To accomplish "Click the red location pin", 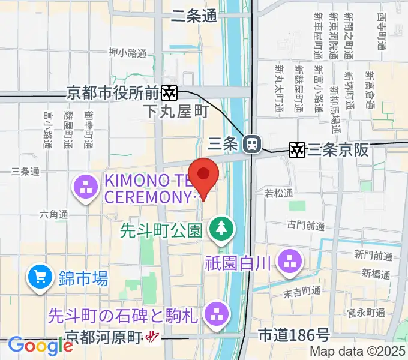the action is (x=204, y=175).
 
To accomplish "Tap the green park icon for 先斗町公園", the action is (x=221, y=229).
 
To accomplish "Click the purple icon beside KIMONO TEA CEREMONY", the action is (x=86, y=188).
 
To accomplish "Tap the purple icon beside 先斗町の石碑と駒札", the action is (x=215, y=313).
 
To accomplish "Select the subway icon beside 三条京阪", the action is (x=296, y=149).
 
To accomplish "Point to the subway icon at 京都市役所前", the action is (x=169, y=92).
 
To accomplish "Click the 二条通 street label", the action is (x=194, y=17).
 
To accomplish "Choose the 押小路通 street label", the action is (x=127, y=53).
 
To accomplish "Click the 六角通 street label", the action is (x=53, y=214).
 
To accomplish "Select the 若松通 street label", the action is (x=279, y=193).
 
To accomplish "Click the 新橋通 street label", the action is (x=377, y=274).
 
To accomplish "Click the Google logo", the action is (x=40, y=346).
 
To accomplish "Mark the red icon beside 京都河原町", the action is (x=153, y=338).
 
